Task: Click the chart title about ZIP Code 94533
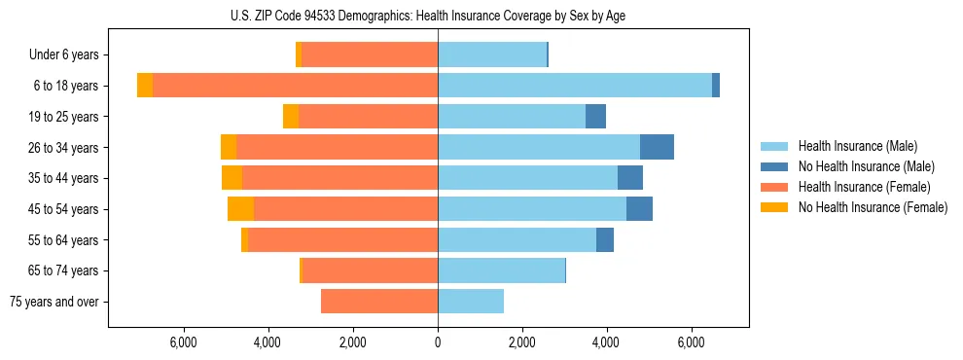[x=428, y=15]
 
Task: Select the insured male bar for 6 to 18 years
[x=574, y=86]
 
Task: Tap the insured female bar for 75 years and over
[x=379, y=302]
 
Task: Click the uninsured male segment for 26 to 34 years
[x=657, y=147]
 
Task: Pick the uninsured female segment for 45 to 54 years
[x=240, y=209]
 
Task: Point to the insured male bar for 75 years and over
[x=471, y=302]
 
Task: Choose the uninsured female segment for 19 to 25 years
[x=291, y=117]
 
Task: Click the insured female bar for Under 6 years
[x=370, y=55]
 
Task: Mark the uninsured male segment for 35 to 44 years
[x=630, y=178]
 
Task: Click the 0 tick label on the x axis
[x=438, y=342]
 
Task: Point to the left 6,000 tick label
[x=183, y=342]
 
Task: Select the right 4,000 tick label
[x=606, y=342]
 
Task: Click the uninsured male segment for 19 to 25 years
[x=595, y=117]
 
